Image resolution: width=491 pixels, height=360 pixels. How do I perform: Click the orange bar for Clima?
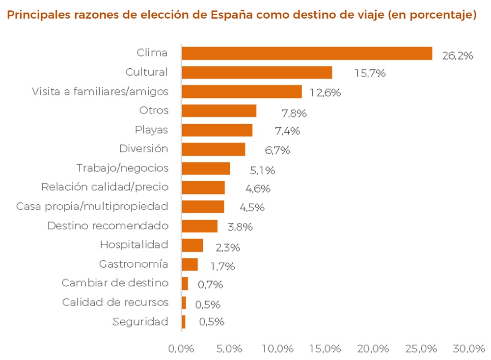tap(307, 53)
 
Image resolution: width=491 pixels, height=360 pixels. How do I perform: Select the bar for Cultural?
tap(257, 72)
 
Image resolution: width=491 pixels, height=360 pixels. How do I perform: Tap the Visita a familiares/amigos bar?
tap(242, 91)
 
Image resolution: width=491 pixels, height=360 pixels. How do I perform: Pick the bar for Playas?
tap(217, 130)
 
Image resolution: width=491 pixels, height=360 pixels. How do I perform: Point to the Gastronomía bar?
tap(190, 264)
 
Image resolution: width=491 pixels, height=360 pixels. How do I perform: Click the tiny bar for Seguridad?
tap(184, 322)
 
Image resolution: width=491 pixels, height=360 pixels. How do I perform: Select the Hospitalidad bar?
tap(192, 246)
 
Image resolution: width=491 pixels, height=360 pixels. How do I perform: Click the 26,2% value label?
tap(458, 56)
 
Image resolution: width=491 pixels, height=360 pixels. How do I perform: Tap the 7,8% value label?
tap(294, 113)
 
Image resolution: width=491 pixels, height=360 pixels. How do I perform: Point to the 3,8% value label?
tap(240, 227)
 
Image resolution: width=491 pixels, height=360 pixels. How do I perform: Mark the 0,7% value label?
tap(210, 284)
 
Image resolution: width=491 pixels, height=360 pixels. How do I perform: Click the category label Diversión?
tap(143, 148)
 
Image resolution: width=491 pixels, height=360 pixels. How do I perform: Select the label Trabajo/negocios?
tap(122, 168)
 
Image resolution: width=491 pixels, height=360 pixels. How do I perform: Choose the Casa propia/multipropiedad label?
tap(92, 206)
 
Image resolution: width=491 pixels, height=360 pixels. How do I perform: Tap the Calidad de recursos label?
tap(115, 303)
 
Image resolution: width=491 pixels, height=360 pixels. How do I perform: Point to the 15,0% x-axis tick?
tap(325, 348)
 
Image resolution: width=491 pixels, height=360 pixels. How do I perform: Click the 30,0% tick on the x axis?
tap(469, 348)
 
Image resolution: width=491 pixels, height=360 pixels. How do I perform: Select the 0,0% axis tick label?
tap(181, 348)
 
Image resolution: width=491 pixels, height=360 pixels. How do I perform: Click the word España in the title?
tap(231, 15)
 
